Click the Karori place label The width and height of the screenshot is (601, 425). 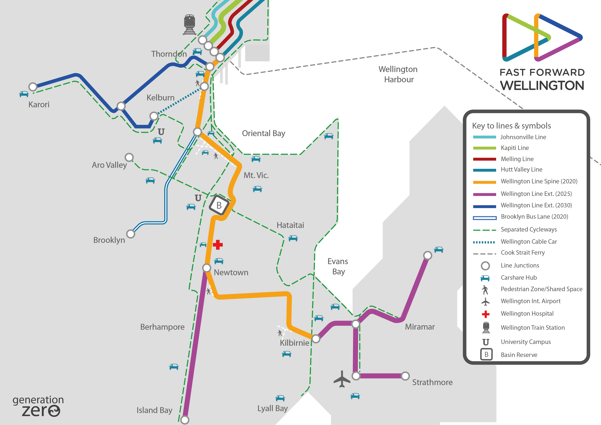[39, 105]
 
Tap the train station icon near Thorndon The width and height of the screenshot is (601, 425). [189, 25]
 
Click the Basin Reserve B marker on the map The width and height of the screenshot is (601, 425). [219, 205]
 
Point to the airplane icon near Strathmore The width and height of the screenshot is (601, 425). [342, 379]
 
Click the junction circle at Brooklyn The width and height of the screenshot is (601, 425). [131, 234]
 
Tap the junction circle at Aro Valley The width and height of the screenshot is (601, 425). [129, 157]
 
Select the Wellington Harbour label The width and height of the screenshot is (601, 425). [398, 74]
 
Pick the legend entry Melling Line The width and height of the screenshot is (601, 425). [517, 159]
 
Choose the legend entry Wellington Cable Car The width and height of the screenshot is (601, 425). [529, 241]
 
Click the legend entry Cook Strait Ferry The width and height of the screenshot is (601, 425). [523, 253]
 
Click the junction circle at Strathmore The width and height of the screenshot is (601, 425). [405, 376]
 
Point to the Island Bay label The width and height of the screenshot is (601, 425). [154, 410]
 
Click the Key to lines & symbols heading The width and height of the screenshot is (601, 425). [511, 126]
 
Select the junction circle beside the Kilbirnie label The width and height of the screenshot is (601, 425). [316, 338]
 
